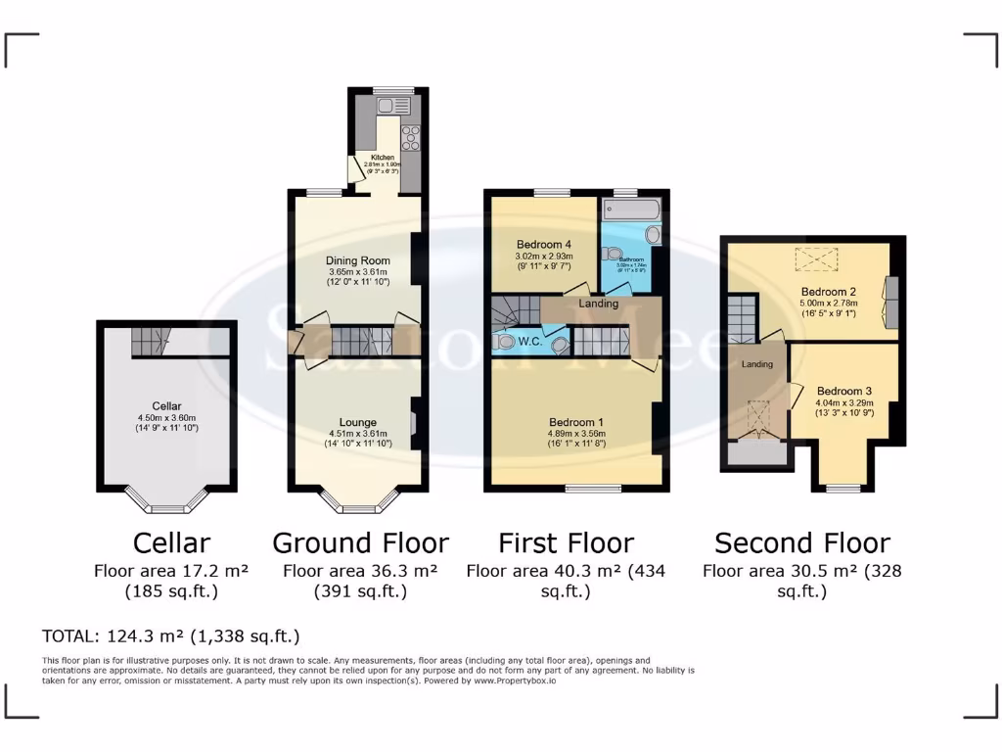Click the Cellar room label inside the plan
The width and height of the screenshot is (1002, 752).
(166, 405)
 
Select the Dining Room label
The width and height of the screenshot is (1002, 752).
(358, 260)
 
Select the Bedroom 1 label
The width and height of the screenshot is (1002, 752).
(575, 422)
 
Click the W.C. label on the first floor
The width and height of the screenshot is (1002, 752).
(531, 343)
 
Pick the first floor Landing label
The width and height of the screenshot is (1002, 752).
(599, 304)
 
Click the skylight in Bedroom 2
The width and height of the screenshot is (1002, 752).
(817, 260)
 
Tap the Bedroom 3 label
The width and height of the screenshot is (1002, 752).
(843, 391)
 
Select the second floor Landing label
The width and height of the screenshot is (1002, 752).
(757, 364)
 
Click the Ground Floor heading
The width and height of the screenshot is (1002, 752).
(360, 542)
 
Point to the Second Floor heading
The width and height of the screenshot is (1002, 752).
(802, 542)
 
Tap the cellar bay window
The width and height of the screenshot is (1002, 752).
(166, 505)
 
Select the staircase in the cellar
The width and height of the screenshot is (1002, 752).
(150, 341)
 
